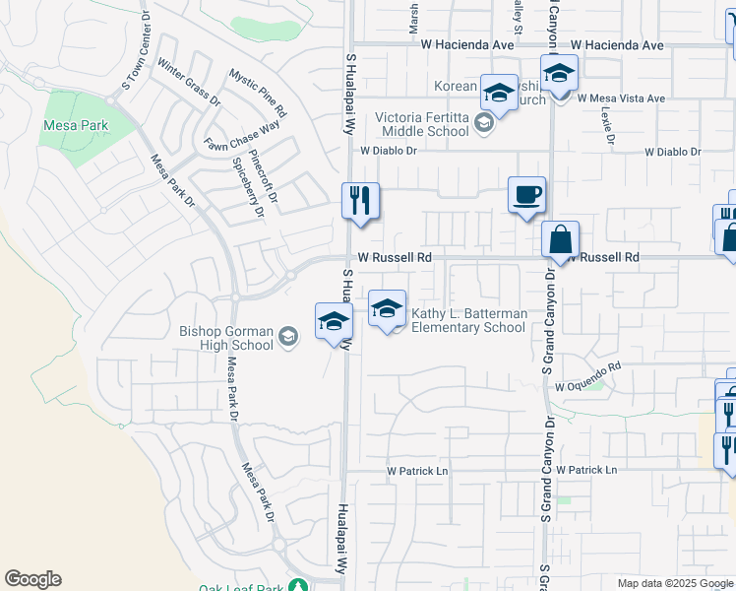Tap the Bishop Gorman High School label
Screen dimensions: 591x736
pyautogui.click(x=226, y=338)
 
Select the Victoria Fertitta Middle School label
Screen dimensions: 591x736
pyautogui.click(x=422, y=123)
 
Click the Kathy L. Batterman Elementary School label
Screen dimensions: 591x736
pyautogui.click(x=467, y=320)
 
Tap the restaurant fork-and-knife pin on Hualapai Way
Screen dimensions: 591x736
pyautogui.click(x=360, y=201)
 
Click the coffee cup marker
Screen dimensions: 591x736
pyautogui.click(x=526, y=194)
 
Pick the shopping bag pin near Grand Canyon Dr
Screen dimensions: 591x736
pyautogui.click(x=560, y=239)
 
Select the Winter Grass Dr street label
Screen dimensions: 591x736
pyautogui.click(x=189, y=84)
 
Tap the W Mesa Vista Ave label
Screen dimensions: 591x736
pyautogui.click(x=621, y=98)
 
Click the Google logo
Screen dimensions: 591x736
pyautogui.click(x=32, y=579)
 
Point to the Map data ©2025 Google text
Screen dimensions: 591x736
pyautogui.click(x=675, y=583)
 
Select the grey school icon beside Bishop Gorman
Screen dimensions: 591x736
pyautogui.click(x=288, y=338)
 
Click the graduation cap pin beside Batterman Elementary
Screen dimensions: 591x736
pyautogui.click(x=388, y=309)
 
